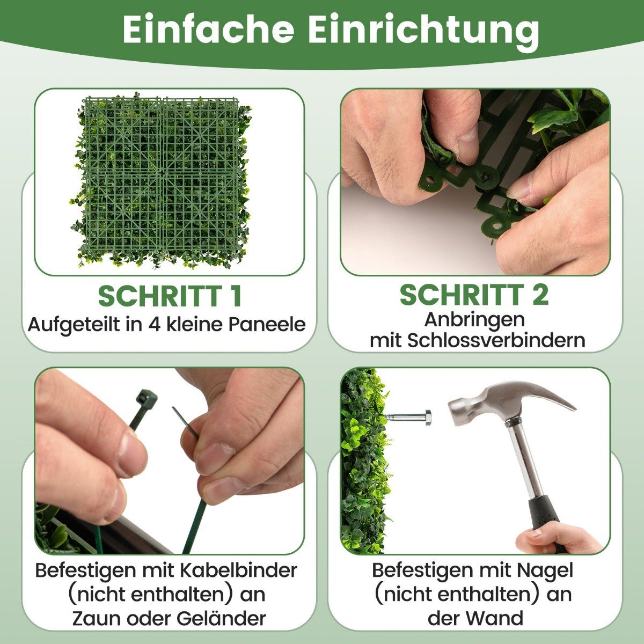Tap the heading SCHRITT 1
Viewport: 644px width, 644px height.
tap(170, 296)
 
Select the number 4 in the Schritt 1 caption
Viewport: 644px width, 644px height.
tap(154, 325)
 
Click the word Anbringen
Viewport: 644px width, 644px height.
tap(474, 319)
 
